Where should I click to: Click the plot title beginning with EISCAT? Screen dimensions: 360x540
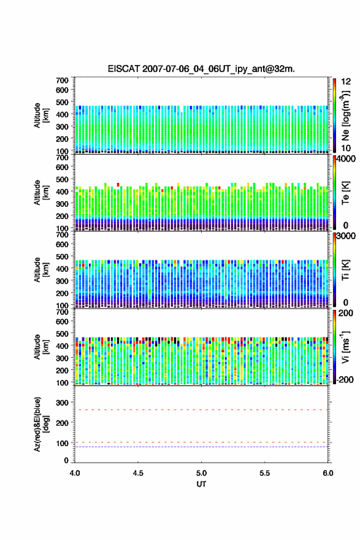coord(201,69)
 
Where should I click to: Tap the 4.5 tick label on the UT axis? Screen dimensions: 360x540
coord(138,473)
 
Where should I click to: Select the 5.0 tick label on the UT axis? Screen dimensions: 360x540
coord(201,473)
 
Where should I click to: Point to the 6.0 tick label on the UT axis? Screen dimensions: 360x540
coord(328,473)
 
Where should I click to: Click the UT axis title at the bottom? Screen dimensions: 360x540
coord(201,484)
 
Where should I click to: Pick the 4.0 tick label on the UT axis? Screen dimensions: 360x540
coord(75,473)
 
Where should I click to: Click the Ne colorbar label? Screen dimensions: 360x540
coord(346,116)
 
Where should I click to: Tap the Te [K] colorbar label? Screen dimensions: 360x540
coord(345,193)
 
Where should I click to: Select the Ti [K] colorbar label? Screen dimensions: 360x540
coord(345,271)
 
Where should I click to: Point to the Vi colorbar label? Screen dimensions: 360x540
coord(346,347)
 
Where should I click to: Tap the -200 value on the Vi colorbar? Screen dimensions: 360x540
coord(343,379)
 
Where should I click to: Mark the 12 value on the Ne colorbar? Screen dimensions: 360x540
coord(346,82)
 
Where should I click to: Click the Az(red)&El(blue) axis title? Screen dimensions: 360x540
coord(41,424)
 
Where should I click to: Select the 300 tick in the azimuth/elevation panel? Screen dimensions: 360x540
coord(63,403)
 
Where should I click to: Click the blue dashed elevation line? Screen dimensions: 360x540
coord(201,447)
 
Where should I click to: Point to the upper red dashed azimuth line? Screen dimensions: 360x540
coord(201,410)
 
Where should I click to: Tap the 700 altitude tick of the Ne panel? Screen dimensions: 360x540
coord(63,80)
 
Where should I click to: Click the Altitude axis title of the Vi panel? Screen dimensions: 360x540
coord(41,347)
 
